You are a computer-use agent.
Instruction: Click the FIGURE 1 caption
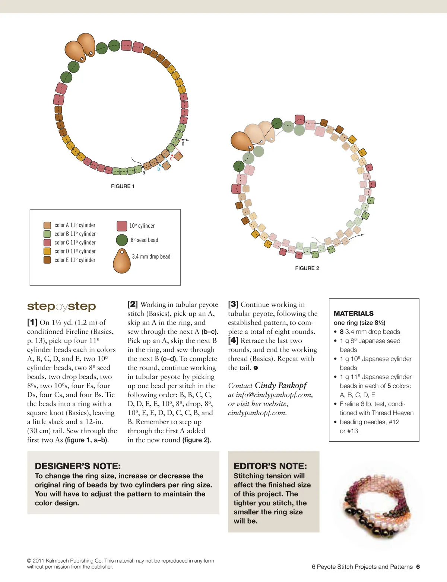123,186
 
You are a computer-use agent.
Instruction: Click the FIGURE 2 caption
307,268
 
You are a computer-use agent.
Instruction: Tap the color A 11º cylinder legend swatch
47,225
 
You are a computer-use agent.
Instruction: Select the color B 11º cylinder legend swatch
47,234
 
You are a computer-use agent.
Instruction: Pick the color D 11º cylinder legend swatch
47,251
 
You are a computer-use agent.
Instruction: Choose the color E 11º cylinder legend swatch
47,260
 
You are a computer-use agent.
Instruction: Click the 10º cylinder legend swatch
122,226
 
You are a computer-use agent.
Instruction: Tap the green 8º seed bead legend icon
122,240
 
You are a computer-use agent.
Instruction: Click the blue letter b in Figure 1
159,169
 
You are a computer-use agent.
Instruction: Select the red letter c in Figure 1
171,159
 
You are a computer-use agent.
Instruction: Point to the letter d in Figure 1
183,144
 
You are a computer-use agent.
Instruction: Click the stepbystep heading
61,306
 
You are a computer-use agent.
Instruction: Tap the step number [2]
133,304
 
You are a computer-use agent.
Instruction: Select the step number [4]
233,340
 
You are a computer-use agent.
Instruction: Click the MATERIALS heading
354,313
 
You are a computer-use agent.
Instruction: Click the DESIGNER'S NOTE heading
77,466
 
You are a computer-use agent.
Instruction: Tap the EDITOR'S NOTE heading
270,466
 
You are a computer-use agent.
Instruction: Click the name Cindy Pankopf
280,386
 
